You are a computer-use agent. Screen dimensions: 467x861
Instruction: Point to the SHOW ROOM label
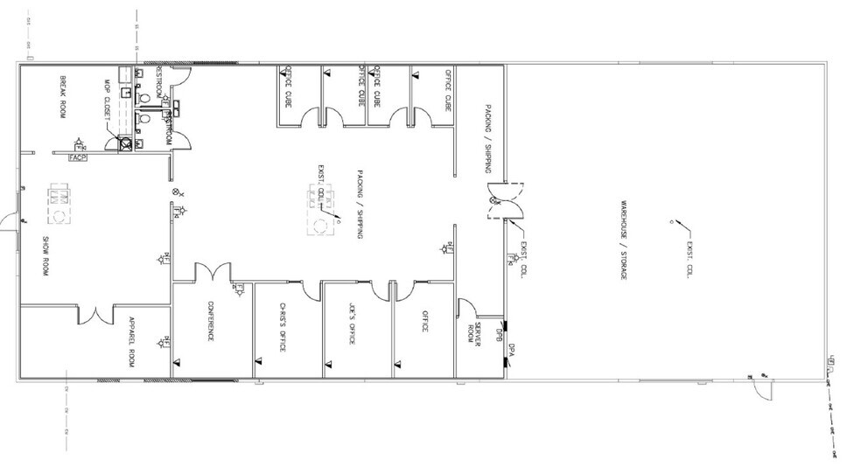43,254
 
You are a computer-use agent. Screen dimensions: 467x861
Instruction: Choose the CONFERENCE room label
210,322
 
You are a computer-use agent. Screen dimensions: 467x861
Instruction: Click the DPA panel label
509,350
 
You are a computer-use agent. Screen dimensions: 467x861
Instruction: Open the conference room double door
211,272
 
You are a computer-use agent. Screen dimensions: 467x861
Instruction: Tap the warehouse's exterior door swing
761,386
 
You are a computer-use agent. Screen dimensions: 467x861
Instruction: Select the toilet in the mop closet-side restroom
145,115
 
